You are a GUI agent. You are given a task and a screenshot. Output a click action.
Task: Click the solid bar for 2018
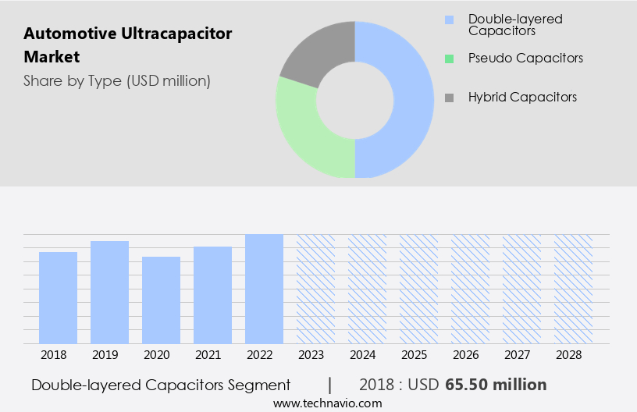(x=58, y=297)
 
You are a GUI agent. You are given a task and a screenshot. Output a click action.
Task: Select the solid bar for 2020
(x=161, y=300)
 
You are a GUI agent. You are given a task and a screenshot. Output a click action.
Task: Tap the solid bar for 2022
(x=264, y=289)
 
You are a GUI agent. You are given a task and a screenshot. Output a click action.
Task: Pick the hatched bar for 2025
(x=418, y=289)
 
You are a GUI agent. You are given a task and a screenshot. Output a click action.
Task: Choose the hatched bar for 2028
(x=573, y=289)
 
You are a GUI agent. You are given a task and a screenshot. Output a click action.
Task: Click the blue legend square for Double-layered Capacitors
(x=448, y=20)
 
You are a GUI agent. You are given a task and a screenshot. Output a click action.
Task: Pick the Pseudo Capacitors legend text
(x=525, y=58)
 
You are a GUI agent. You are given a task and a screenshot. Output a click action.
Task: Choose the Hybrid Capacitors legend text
(x=522, y=97)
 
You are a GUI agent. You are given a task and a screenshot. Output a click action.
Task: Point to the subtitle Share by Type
(x=116, y=80)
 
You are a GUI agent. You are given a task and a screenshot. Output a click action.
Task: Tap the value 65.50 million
(x=496, y=385)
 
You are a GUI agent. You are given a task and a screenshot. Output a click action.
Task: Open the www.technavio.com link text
(x=328, y=403)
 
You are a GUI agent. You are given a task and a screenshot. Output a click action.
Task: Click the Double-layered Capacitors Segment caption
(x=161, y=385)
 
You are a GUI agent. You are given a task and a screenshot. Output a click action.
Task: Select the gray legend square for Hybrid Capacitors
(x=448, y=98)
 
